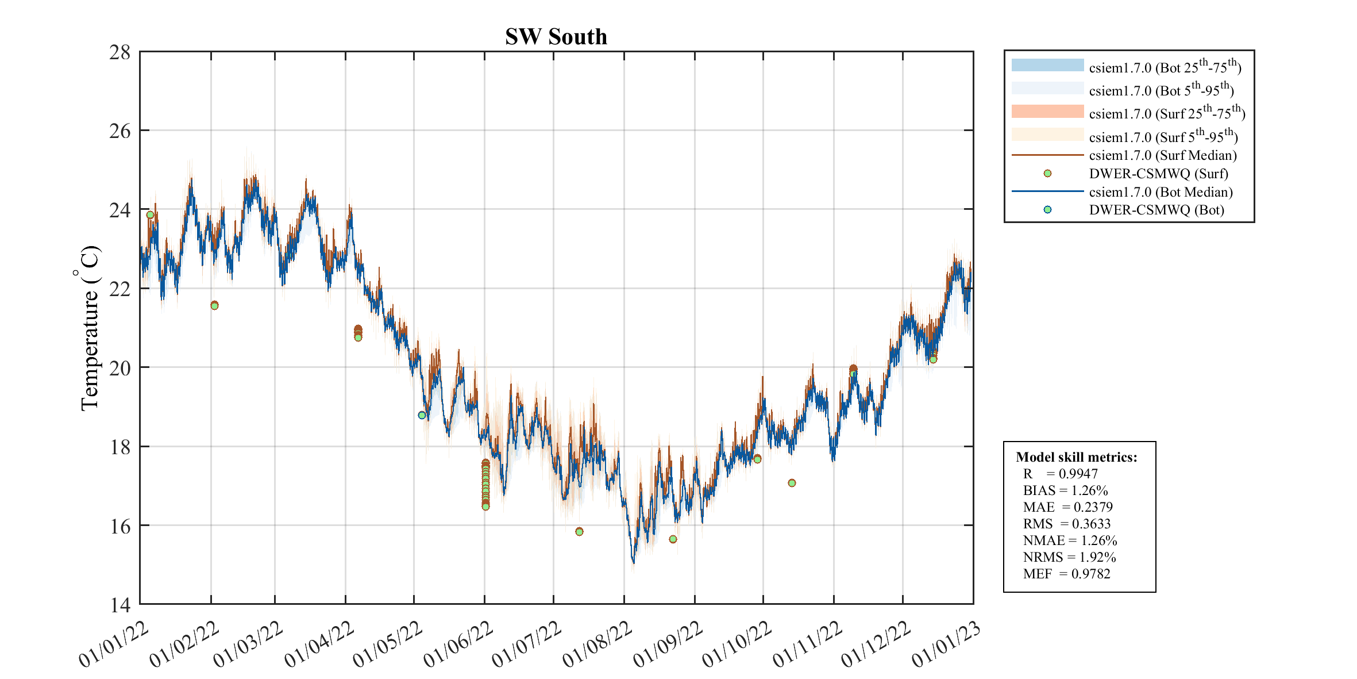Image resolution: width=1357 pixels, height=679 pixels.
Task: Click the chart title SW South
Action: click(556, 37)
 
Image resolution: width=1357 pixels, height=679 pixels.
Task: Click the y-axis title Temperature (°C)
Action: click(90, 328)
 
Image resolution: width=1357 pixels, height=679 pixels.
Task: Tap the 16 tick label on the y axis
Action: click(120, 526)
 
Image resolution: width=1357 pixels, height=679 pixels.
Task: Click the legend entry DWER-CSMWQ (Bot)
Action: click(1156, 210)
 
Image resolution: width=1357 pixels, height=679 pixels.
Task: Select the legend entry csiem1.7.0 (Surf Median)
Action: click(1162, 155)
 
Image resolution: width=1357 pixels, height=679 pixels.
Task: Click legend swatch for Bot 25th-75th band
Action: click(1047, 65)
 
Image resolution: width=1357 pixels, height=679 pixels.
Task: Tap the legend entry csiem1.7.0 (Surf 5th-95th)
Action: click(1163, 136)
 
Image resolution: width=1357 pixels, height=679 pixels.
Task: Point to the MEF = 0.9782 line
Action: click(1066, 574)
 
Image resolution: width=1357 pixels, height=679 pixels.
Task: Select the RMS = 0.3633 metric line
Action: click(1066, 524)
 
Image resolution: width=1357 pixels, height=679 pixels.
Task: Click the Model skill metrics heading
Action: click(1076, 457)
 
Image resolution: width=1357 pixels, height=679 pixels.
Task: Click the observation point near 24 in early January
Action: click(150, 215)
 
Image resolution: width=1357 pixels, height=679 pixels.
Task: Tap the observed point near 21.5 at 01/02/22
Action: click(214, 305)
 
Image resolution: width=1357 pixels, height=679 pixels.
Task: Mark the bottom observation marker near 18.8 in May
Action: click(422, 415)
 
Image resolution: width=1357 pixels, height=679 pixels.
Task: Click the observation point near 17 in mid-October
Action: click(792, 483)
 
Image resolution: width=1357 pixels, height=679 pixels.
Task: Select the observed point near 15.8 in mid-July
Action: click(579, 532)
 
